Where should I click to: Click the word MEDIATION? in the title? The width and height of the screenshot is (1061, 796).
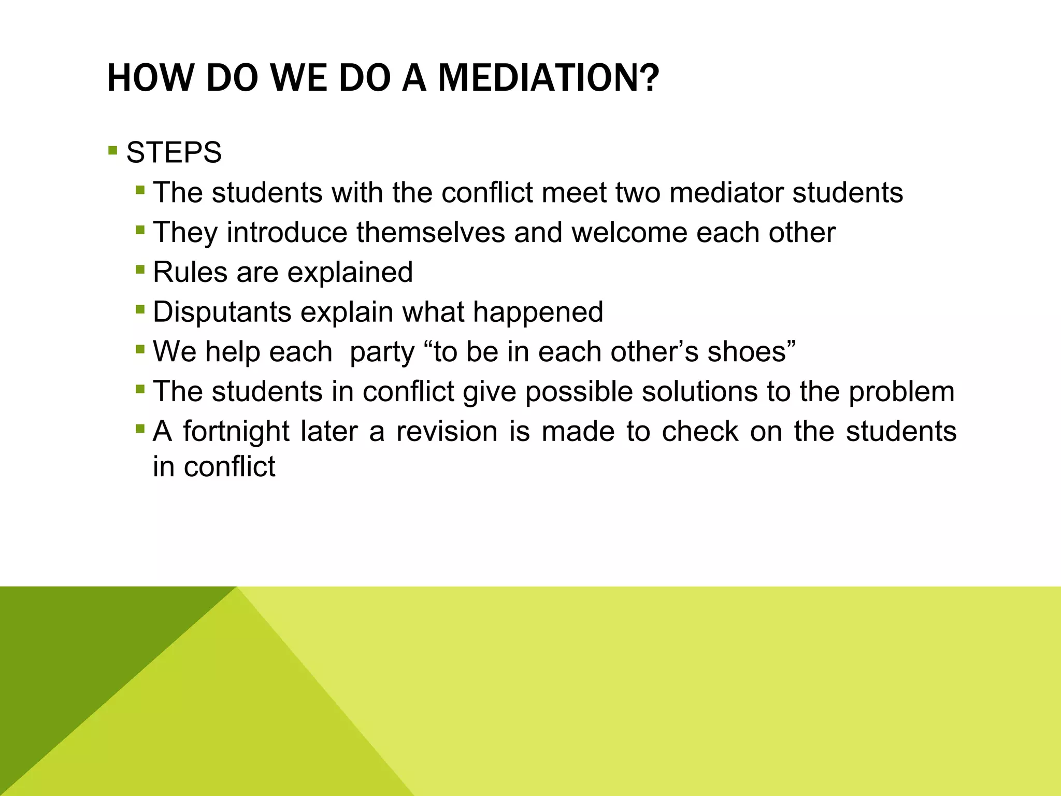tap(549, 79)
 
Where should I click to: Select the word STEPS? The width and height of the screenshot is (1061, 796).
tap(174, 153)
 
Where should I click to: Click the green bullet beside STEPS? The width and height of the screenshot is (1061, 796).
tap(113, 151)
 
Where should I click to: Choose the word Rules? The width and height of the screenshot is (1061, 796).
tap(190, 272)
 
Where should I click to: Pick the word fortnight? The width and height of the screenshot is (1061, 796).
tap(236, 432)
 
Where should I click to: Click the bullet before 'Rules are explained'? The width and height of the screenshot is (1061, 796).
tap(140, 270)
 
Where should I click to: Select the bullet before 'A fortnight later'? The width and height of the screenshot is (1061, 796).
tap(140, 429)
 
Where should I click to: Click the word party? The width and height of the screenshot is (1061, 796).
tap(382, 352)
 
